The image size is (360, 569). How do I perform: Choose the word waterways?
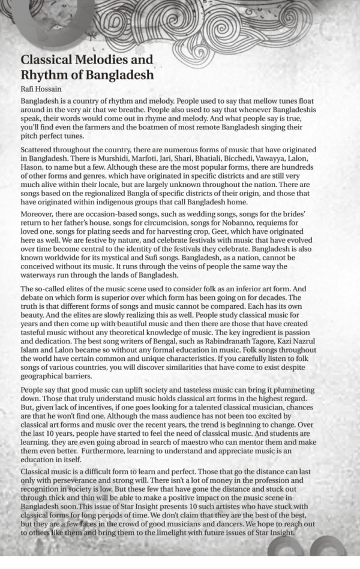41,276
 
